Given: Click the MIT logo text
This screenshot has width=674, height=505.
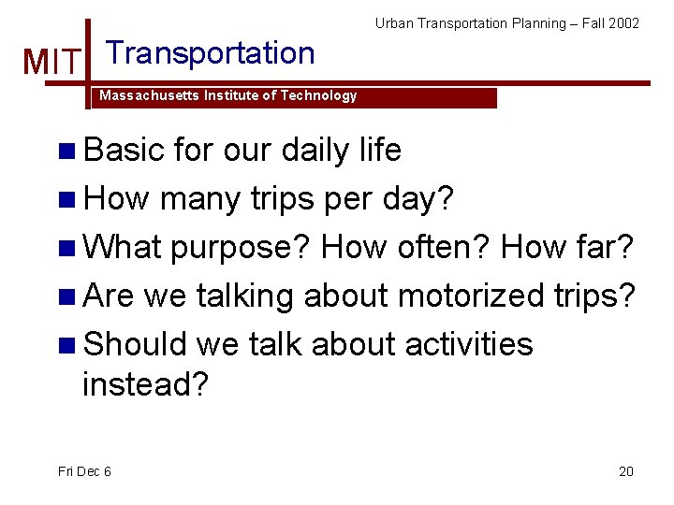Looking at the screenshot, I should coord(51,63).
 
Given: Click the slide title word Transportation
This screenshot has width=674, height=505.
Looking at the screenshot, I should coord(211,53).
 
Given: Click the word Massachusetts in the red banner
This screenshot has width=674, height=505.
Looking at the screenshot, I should coord(143,95).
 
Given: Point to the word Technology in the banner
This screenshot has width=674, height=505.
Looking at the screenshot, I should coord(320,95).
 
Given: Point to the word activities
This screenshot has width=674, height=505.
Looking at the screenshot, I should coord(468,344).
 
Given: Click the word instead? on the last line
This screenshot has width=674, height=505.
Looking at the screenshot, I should coord(145,383).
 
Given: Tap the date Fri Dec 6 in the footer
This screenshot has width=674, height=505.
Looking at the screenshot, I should coord(84,471).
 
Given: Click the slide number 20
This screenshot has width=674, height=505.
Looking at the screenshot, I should coord(626,471).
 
